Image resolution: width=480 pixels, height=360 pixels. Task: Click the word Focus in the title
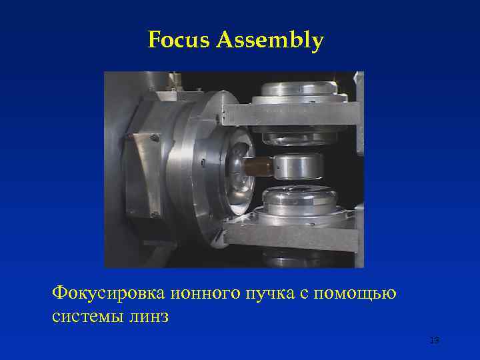coord(179,41)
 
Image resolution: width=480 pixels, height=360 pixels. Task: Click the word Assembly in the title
coord(269,42)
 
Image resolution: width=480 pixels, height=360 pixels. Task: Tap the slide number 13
coord(434,341)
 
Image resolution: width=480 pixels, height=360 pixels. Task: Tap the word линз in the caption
coord(151,315)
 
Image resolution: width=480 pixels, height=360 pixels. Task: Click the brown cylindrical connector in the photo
coord(259,166)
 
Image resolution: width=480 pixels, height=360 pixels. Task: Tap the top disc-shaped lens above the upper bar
coord(299,89)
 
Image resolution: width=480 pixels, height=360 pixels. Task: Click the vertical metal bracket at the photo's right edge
coord(359,113)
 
